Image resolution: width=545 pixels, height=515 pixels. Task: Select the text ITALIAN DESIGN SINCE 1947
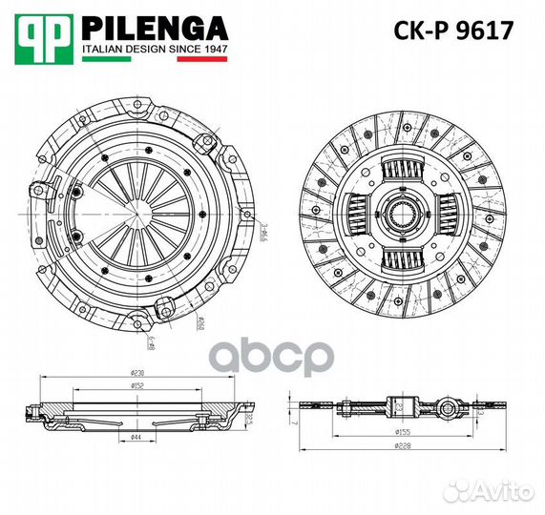[x=154, y=47]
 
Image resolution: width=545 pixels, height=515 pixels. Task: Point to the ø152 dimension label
[x=137, y=388]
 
